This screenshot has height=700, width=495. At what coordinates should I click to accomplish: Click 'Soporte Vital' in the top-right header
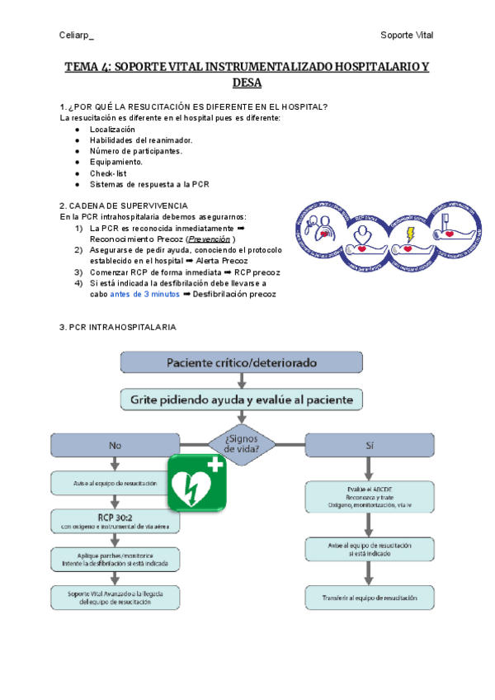[x=407, y=35]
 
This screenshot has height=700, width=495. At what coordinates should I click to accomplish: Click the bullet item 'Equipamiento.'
[x=115, y=163]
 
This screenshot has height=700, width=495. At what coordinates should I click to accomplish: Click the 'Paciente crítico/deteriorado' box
[x=242, y=362]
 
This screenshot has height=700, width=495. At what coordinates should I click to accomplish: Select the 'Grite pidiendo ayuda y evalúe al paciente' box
[x=242, y=400]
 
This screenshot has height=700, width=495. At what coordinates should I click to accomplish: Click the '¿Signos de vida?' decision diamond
[x=242, y=443]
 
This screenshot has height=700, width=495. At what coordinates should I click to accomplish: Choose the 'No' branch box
[x=115, y=445]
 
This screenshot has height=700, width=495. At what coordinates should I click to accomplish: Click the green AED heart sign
[x=196, y=483]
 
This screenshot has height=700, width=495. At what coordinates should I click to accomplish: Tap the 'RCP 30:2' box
[x=115, y=520]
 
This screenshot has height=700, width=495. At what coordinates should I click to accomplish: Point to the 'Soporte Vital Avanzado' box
[x=115, y=597]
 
